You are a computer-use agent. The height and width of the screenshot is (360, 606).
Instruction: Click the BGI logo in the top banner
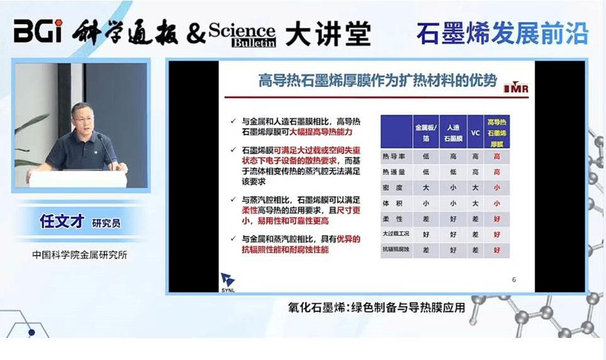click(39, 31)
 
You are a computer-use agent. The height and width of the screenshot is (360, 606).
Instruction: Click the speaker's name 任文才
click(61, 222)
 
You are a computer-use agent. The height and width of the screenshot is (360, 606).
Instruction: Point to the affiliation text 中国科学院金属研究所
click(80, 255)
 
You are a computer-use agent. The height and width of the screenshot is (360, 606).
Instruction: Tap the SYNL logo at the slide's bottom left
click(228, 281)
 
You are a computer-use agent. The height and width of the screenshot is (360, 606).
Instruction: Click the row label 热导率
click(395, 156)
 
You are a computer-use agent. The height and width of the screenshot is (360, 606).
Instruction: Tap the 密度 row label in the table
click(395, 188)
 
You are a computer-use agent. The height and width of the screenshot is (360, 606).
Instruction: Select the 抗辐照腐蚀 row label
click(395, 250)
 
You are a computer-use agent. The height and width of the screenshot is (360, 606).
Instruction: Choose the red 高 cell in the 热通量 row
click(497, 172)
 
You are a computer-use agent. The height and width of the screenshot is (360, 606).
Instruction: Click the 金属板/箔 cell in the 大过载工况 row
click(425, 234)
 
